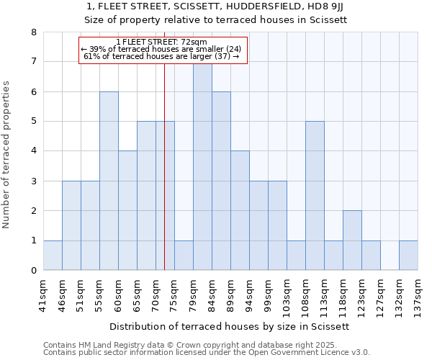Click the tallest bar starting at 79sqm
[202, 166]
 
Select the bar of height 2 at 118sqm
[352, 240]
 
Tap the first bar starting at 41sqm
[53, 256]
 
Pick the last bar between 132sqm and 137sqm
[408, 256]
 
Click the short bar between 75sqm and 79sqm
[184, 256]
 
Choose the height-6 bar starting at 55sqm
[109, 181]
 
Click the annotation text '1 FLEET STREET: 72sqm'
[161, 42]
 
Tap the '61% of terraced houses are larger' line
[161, 56]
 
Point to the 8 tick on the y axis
[34, 32]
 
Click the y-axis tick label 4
[34, 151]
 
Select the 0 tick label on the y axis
[34, 271]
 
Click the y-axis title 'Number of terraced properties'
[6, 155]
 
